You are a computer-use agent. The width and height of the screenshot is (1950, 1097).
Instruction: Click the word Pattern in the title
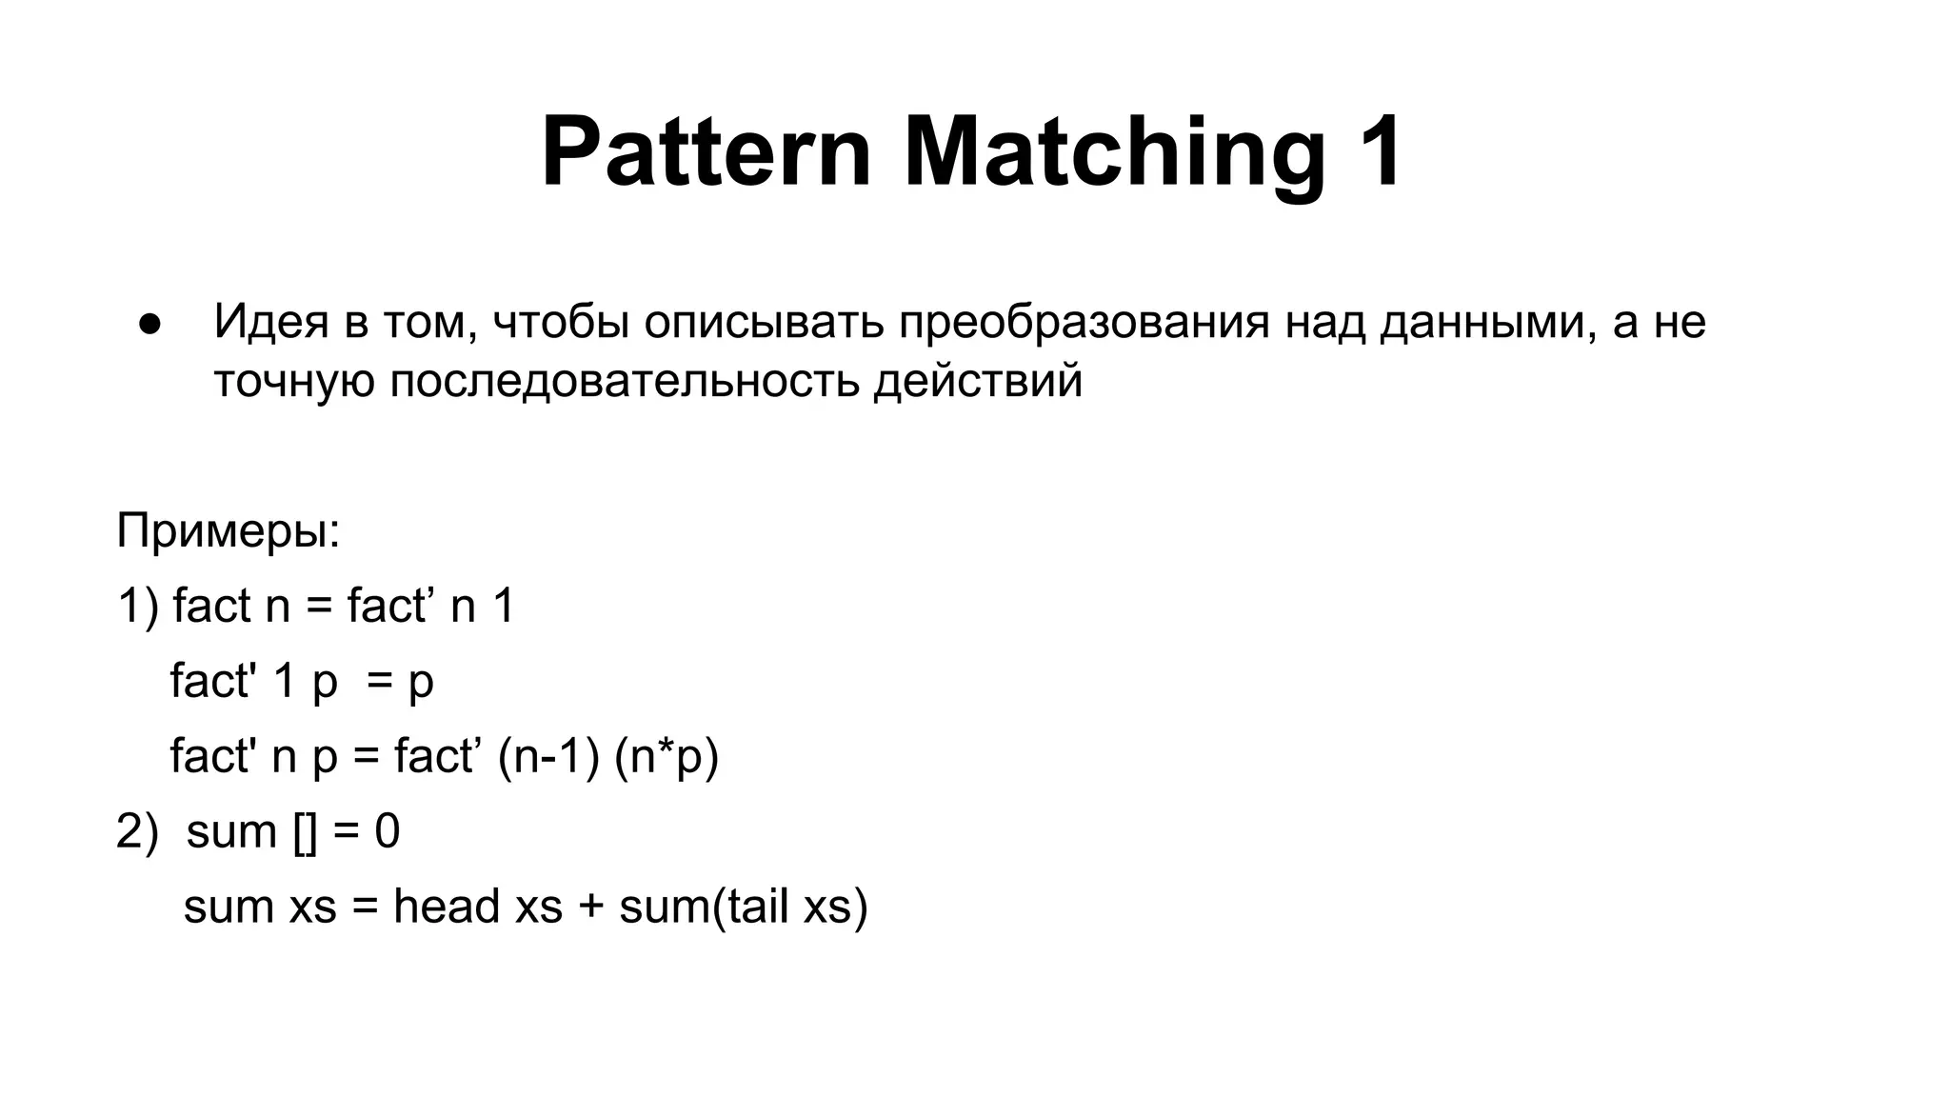[706, 152]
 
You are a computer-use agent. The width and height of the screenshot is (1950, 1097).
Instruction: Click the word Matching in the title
[1114, 152]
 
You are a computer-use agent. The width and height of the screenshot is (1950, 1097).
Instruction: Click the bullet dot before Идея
[149, 324]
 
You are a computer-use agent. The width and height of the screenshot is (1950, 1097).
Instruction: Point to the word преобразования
[1084, 322]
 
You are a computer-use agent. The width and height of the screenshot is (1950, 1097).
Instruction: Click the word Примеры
[228, 530]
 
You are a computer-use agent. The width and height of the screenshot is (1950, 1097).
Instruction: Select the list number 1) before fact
[138, 606]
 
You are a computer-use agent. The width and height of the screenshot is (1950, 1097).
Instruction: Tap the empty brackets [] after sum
[306, 831]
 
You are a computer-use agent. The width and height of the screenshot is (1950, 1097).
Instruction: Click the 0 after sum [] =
[387, 831]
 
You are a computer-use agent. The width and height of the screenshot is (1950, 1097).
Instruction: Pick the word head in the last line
[447, 906]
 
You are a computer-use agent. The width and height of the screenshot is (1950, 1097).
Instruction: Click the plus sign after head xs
[590, 907]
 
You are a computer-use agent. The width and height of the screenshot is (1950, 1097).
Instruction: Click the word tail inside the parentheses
[757, 906]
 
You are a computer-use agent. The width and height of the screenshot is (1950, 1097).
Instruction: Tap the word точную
[293, 381]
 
